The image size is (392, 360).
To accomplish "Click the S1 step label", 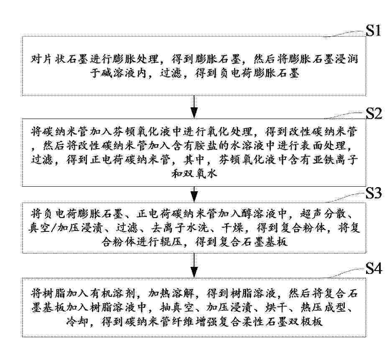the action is pos(373,30).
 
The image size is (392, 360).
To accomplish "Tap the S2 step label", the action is pos(374,114).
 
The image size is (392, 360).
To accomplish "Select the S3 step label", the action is pos(374,193).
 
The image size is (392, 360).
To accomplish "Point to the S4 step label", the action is pos(374,269).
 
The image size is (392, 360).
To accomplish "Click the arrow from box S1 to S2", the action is pos(194,107).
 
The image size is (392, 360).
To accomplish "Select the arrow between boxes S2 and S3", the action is pos(194,194).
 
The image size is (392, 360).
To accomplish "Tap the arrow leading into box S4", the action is pos(194,265).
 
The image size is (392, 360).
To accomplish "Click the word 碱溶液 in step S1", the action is pos(119,74).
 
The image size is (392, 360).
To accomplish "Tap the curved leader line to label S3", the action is pos(345,198).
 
